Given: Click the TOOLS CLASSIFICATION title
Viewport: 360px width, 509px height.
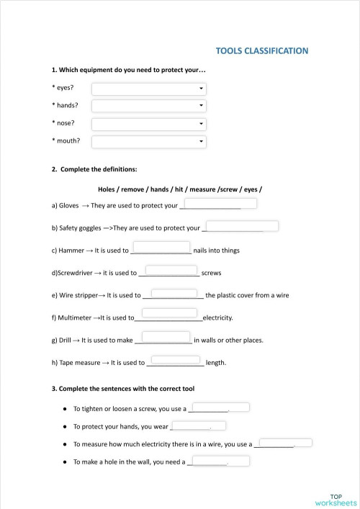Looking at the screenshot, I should [x=262, y=51].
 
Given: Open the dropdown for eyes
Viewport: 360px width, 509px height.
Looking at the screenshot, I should [x=149, y=89].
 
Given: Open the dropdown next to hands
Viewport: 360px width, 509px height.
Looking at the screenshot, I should [x=149, y=106].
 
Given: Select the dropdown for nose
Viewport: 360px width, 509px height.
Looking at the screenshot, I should [x=149, y=123].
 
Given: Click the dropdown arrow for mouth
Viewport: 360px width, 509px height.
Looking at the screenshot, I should [x=202, y=141].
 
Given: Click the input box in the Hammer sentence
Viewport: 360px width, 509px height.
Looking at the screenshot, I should [x=161, y=248].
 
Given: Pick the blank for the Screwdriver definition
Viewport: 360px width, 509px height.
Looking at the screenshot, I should [x=168, y=271].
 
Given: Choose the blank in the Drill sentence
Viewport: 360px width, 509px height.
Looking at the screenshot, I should [x=166, y=336].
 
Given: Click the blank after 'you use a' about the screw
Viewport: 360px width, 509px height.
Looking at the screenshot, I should [x=220, y=407].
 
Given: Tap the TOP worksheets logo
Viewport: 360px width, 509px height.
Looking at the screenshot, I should [x=336, y=500].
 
